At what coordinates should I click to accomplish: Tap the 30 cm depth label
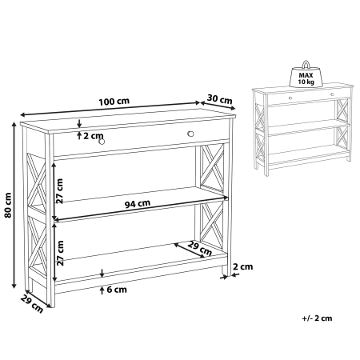[x=219, y=99]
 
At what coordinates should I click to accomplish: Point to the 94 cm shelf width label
[x=138, y=203]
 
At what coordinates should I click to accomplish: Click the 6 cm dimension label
[x=117, y=290]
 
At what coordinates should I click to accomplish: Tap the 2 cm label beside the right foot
[x=243, y=266]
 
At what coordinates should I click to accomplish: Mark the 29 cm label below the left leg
[x=30, y=303]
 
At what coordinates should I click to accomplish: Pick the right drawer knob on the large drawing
[x=190, y=133]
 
